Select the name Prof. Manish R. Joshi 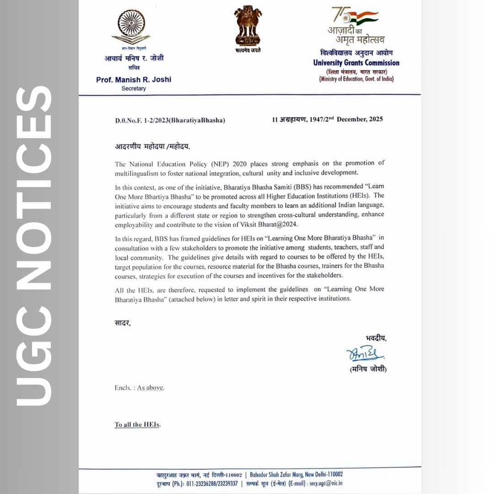pos(134,80)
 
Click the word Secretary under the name pos(134,88)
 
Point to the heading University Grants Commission pos(356,63)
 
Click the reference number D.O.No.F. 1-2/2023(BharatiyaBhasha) pos(170,120)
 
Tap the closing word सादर pos(122,323)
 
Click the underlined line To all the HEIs pos(137,424)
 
